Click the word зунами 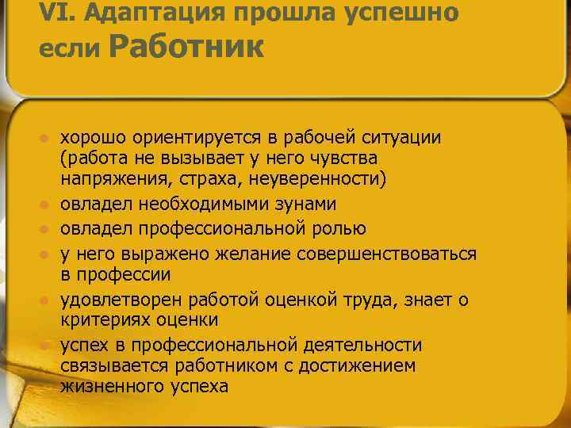tap(306, 204)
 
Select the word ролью tap(339, 229)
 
